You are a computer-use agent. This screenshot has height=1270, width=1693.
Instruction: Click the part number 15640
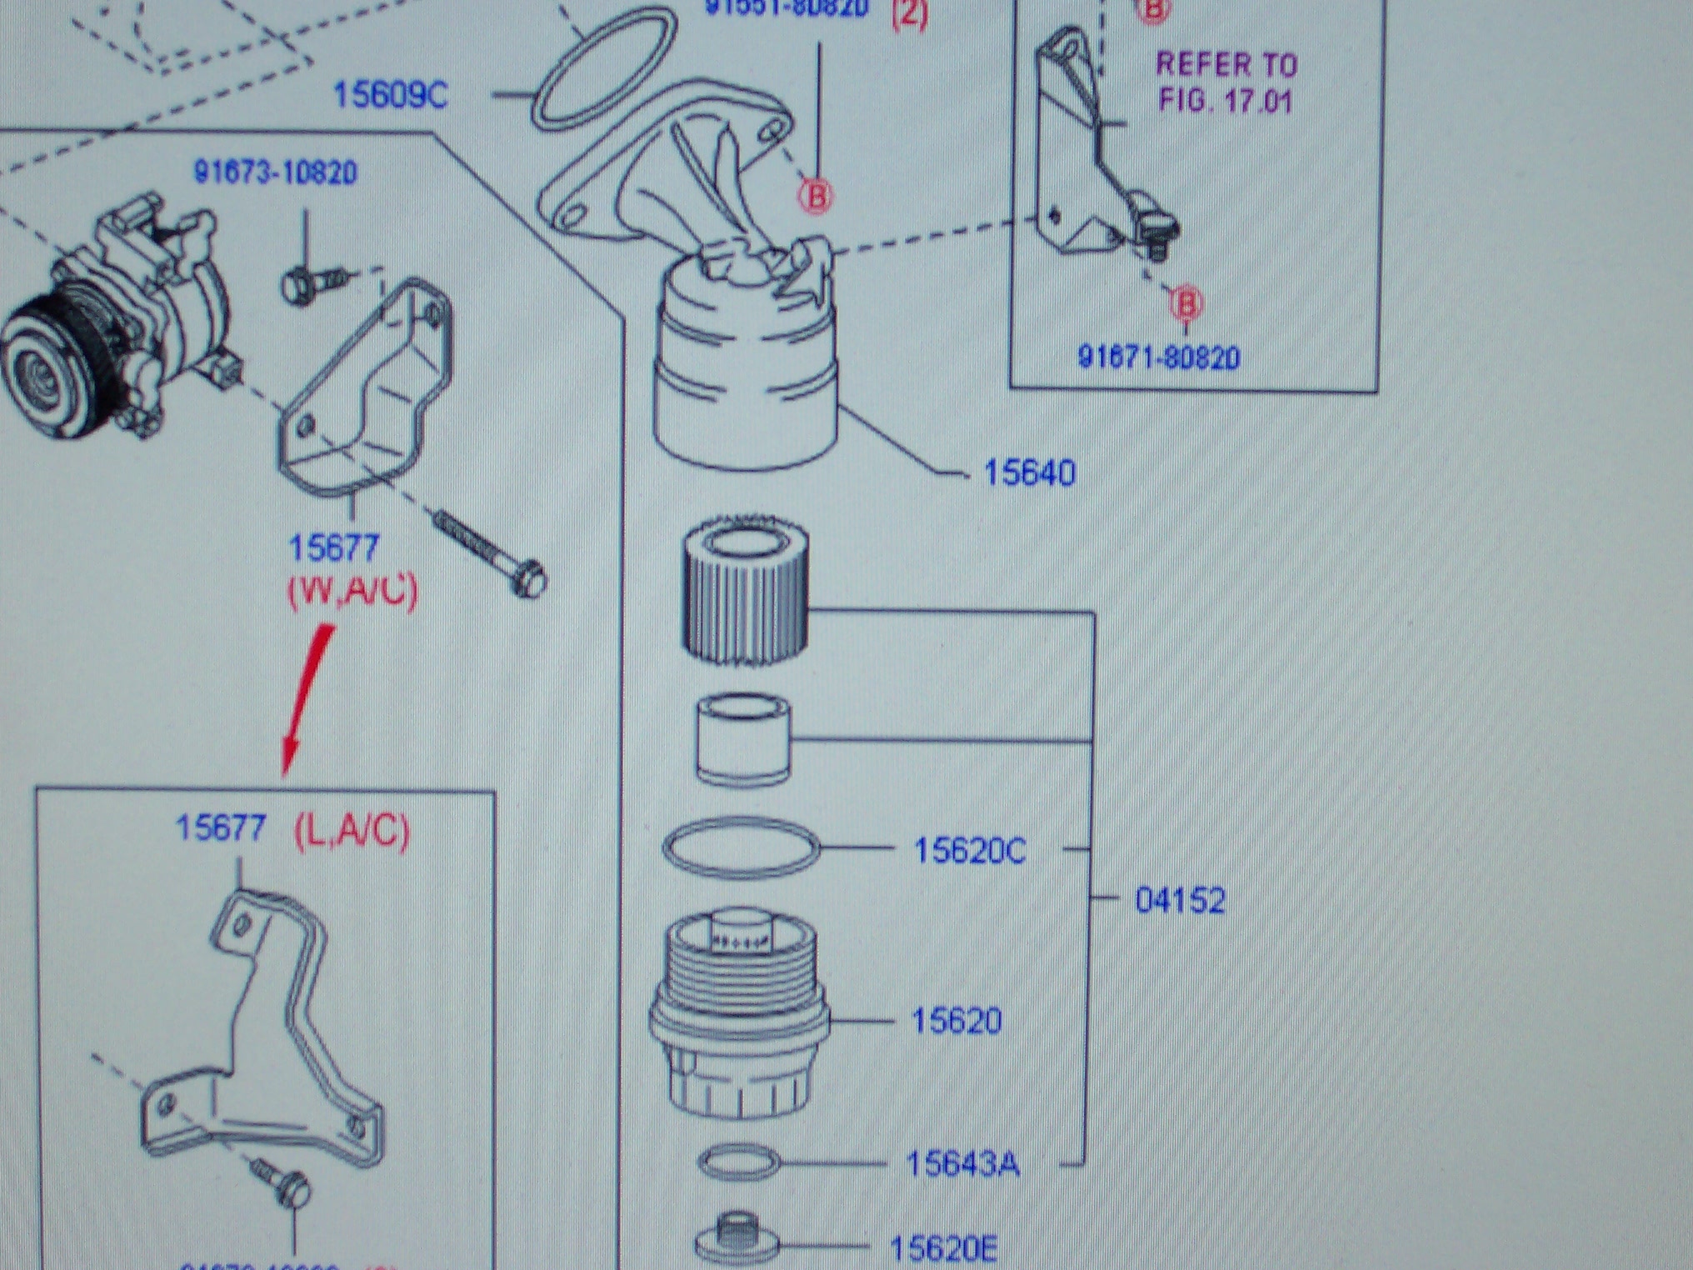[x=1029, y=473]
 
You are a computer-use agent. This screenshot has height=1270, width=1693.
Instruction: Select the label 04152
[x=1180, y=901]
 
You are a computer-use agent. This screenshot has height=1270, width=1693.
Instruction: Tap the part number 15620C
[x=970, y=851]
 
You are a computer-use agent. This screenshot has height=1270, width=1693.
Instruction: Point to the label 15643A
[x=962, y=1164]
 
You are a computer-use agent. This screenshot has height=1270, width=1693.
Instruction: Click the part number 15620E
[x=942, y=1248]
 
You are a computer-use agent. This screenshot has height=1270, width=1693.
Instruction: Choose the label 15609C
[x=390, y=95]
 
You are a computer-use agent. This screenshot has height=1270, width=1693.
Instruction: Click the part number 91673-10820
[x=276, y=172]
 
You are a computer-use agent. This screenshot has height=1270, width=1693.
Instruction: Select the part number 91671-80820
[x=1158, y=357]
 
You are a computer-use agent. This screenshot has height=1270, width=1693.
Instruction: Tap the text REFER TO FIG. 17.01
[x=1225, y=82]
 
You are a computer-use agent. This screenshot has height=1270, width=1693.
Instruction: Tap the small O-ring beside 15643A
[x=738, y=1162]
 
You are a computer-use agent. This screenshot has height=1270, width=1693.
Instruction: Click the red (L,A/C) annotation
[x=352, y=831]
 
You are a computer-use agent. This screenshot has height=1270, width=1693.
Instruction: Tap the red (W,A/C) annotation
[x=352, y=590]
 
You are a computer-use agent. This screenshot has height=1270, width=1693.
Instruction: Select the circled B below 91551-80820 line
[x=815, y=196]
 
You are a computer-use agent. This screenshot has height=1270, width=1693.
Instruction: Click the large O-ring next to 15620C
[x=741, y=847]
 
